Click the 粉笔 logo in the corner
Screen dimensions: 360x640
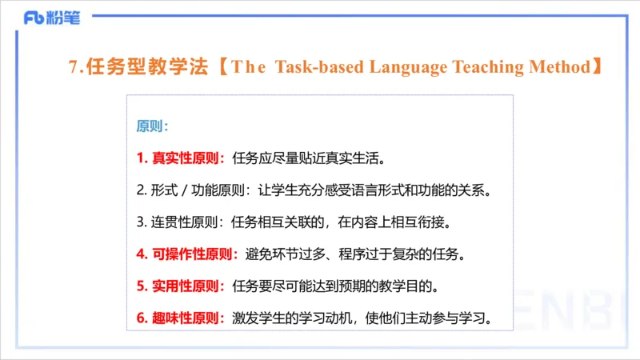tap(52, 18)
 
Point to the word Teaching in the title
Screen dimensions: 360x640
tap(492, 67)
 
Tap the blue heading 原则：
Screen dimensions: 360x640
tap(152, 126)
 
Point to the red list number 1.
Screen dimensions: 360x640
tap(140, 158)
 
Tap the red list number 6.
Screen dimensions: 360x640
tap(140, 318)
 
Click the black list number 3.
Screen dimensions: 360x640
tap(140, 222)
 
